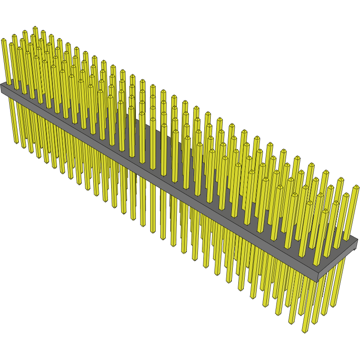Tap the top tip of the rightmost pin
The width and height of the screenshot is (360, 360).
[x=356, y=187]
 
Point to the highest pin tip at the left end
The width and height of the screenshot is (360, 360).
[x=35, y=28]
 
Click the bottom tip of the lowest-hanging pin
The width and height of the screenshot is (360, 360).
[x=304, y=331]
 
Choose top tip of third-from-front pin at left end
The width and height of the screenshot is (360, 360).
[x=25, y=32]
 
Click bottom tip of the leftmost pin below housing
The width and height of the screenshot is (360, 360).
[x=17, y=142]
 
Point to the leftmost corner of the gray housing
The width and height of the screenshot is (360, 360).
[x=1, y=86]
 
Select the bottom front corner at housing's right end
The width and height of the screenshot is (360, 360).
[x=318, y=281]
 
